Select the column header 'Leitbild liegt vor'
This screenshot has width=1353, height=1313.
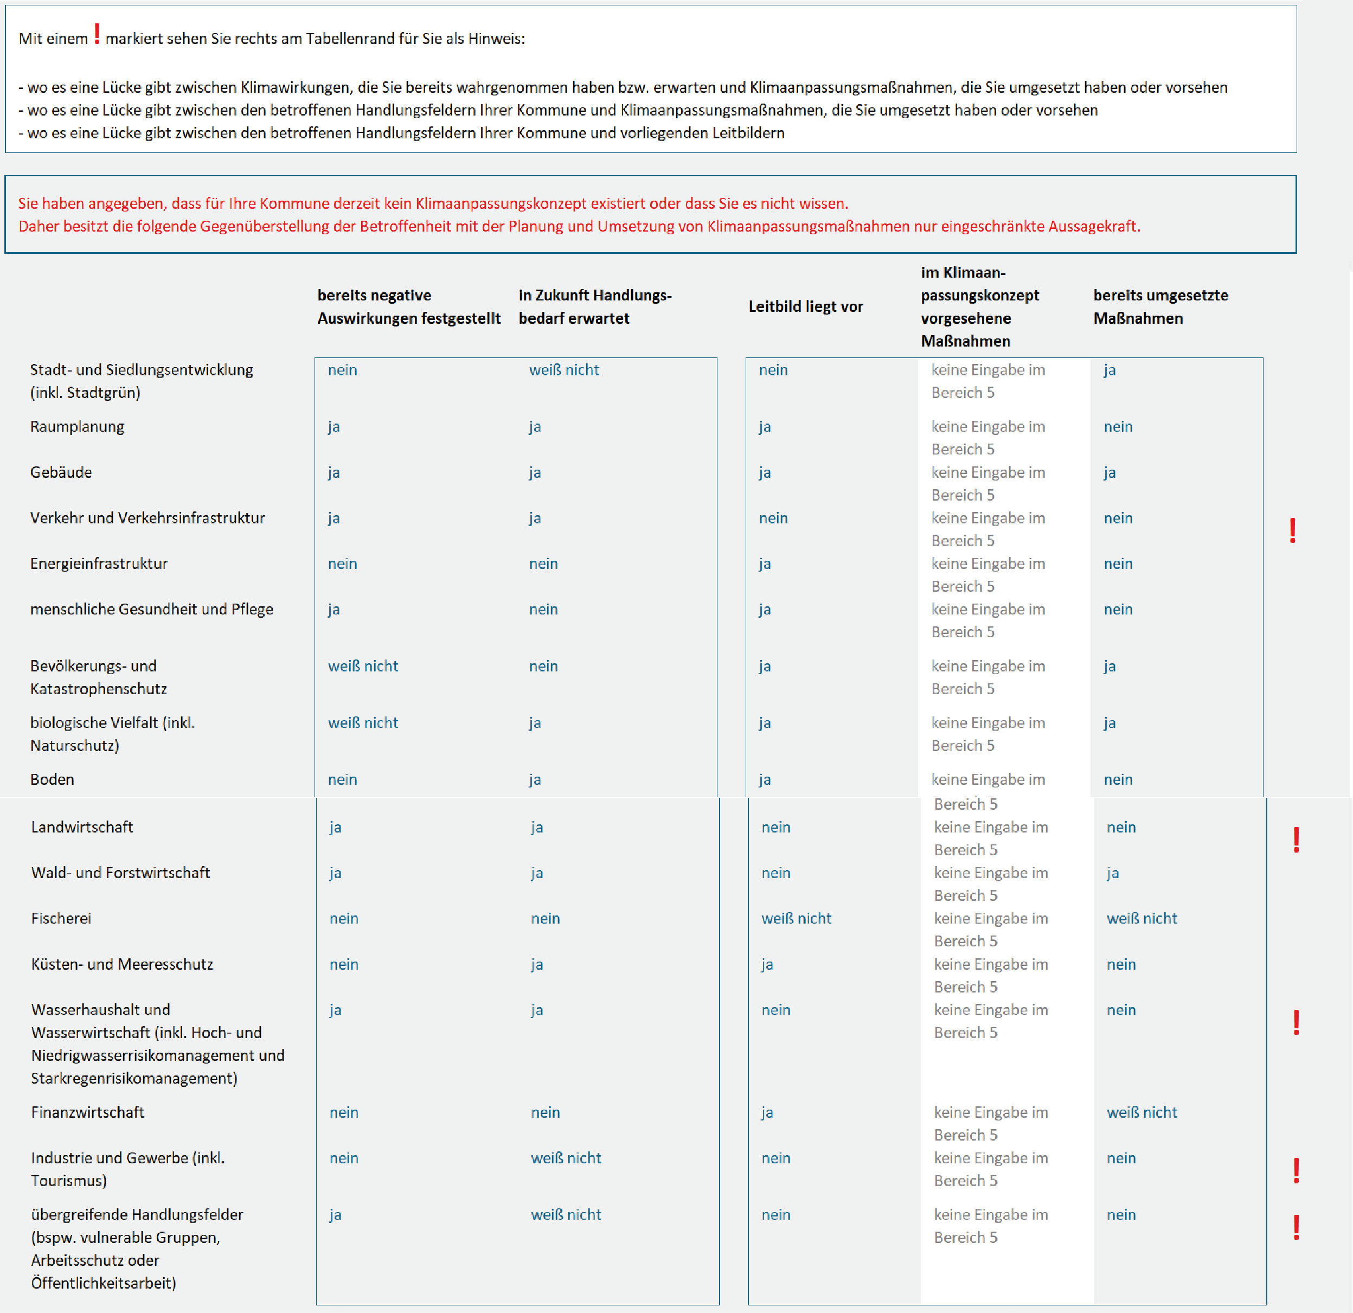[x=806, y=306]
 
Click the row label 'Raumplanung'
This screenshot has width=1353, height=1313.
[x=78, y=427]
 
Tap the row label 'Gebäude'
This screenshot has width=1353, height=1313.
[x=61, y=472]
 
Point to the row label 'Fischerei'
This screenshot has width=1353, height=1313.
[x=61, y=918]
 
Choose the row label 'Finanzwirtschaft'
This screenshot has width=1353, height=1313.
[x=88, y=1112]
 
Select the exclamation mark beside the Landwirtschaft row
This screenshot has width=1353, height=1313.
[x=1297, y=840]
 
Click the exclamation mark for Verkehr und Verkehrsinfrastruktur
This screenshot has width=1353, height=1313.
[x=1293, y=530]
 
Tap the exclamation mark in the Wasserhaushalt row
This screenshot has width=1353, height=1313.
[x=1297, y=1022]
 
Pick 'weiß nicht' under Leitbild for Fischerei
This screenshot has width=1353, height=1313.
[x=796, y=918]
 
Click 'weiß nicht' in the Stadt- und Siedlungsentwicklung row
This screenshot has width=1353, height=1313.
[x=564, y=370]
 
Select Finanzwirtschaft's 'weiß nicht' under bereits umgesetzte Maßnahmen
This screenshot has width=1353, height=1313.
[x=1142, y=1112]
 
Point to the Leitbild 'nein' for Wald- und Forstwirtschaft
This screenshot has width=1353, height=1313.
[x=776, y=873]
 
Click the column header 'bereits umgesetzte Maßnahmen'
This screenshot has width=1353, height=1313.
[x=1160, y=306]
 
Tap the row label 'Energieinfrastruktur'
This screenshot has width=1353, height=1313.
[x=99, y=563]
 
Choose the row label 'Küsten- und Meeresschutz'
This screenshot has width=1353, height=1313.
[x=122, y=964]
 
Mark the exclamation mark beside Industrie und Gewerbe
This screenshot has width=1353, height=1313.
[x=1297, y=1170]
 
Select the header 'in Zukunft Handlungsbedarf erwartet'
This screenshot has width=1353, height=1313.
[x=594, y=306]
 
